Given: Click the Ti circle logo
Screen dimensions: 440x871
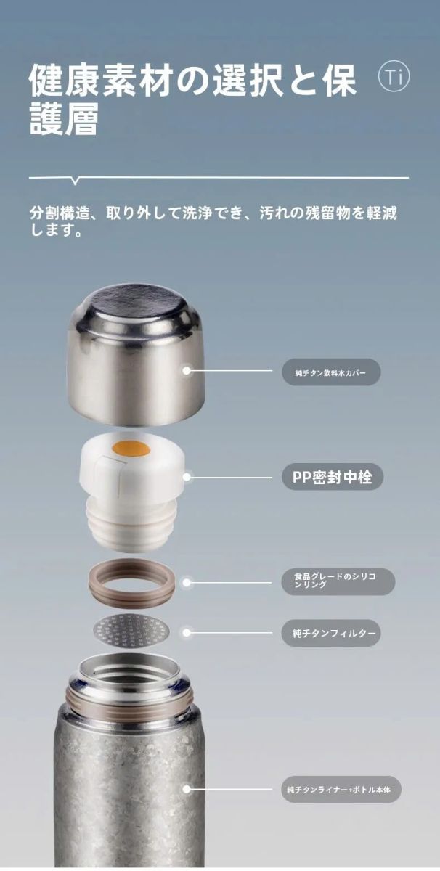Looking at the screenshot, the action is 394,76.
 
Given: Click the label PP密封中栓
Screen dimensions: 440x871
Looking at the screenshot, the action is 333,477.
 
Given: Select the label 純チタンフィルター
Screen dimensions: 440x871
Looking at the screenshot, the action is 331,633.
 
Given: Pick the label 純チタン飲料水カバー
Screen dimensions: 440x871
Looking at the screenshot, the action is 331,372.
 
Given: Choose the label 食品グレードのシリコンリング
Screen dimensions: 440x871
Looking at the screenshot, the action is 338,581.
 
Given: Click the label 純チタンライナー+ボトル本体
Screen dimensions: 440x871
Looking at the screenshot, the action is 341,789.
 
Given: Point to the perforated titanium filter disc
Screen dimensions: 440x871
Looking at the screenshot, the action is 132,631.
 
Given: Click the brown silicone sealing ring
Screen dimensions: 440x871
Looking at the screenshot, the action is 131,581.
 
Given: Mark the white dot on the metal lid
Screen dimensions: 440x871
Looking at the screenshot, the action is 187,371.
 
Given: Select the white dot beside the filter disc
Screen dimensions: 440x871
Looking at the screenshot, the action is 187,633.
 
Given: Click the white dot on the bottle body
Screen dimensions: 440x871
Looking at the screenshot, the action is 187,789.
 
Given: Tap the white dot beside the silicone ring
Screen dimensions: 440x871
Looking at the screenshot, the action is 187,582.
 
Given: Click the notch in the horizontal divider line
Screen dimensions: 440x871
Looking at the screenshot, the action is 76,181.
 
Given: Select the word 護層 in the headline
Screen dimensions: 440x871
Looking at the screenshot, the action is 64,119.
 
